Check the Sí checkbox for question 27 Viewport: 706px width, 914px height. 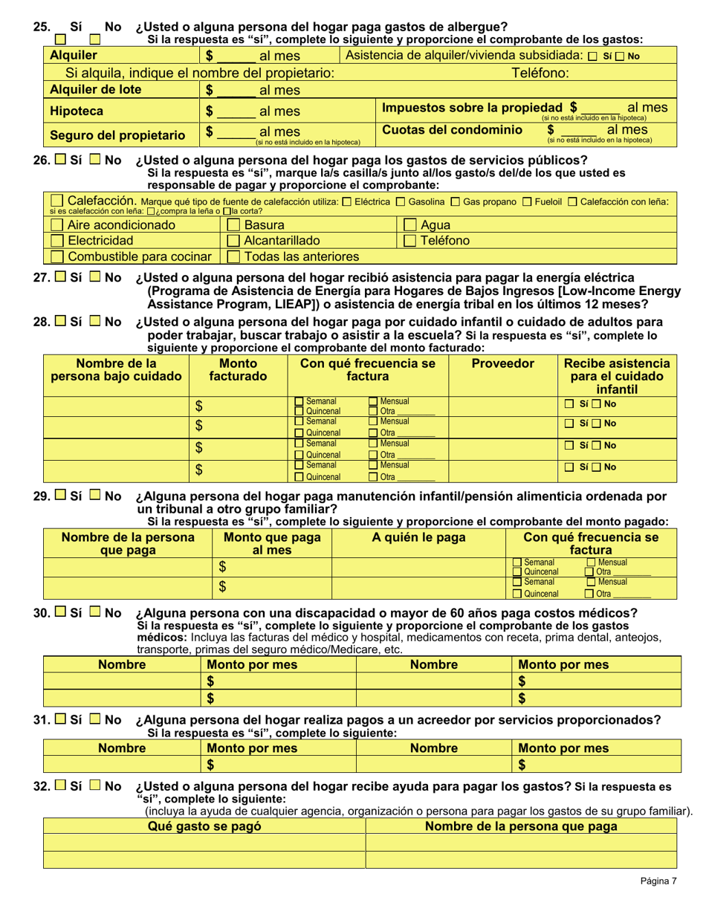[x=61, y=278]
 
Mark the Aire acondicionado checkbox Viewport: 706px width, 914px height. [x=57, y=225]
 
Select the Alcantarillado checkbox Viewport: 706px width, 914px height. [x=233, y=241]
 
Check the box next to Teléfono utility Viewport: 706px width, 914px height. [x=409, y=241]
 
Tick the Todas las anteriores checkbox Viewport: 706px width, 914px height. [x=233, y=257]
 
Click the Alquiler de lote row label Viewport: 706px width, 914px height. [x=94, y=90]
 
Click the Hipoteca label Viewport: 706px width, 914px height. [x=76, y=111]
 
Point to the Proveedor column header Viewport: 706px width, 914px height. [x=503, y=364]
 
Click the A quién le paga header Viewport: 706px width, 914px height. [x=418, y=537]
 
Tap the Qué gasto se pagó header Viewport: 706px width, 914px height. [x=204, y=826]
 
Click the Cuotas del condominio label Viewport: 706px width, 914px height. [x=452, y=130]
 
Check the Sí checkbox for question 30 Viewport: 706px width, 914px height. [x=61, y=613]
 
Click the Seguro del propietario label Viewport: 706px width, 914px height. [x=117, y=135]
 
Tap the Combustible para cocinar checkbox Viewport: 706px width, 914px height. [x=57, y=257]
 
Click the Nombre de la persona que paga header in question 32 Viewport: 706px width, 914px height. [x=521, y=826]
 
